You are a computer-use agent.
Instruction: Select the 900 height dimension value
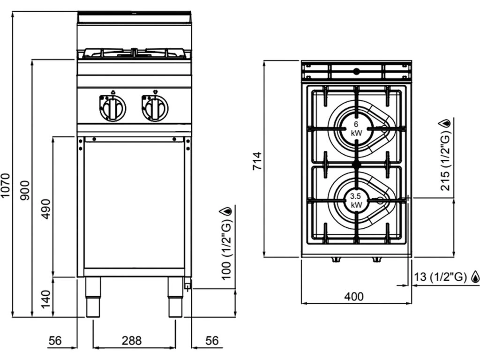pyautogui.click(x=26, y=189)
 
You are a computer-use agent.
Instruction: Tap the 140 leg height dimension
pyautogui.click(x=46, y=299)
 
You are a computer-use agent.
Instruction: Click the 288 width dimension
pyautogui.click(x=132, y=341)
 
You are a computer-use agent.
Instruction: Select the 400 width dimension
pyautogui.click(x=354, y=296)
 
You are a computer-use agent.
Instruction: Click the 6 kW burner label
pyautogui.click(x=356, y=128)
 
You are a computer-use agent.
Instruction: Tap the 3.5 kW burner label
pyautogui.click(x=355, y=201)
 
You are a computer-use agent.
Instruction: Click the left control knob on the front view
pyautogui.click(x=113, y=109)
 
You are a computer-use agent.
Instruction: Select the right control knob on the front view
pyautogui.click(x=154, y=109)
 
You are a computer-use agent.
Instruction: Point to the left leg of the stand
pyautogui.click(x=92, y=297)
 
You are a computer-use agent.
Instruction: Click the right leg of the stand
pyautogui.click(x=175, y=297)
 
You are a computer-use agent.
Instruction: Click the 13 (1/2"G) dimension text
pyautogui.click(x=441, y=277)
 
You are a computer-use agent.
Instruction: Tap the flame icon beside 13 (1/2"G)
pyautogui.click(x=475, y=277)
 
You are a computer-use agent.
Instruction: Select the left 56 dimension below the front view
pyautogui.click(x=55, y=341)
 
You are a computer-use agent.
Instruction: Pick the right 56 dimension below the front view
pyautogui.click(x=212, y=341)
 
